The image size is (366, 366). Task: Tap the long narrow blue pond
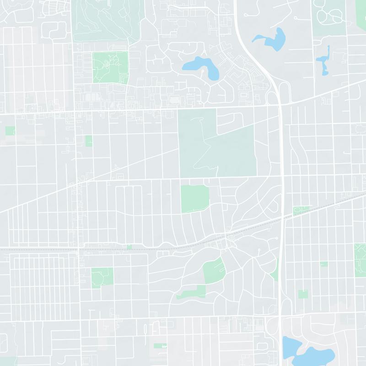click(x=325, y=59)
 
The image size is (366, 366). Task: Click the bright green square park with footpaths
click(x=110, y=67)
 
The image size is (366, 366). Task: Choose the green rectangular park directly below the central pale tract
click(x=194, y=199)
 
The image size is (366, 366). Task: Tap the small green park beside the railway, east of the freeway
click(x=300, y=210)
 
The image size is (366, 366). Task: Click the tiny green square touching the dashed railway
click(x=129, y=247)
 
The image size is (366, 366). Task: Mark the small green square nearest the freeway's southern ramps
click(x=303, y=294)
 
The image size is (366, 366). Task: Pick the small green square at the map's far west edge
click(x=10, y=131)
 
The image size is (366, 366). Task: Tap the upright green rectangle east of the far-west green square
click(x=88, y=141)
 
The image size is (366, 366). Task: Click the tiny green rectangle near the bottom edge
click(x=160, y=346)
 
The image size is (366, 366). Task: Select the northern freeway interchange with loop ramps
click(x=280, y=94)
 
